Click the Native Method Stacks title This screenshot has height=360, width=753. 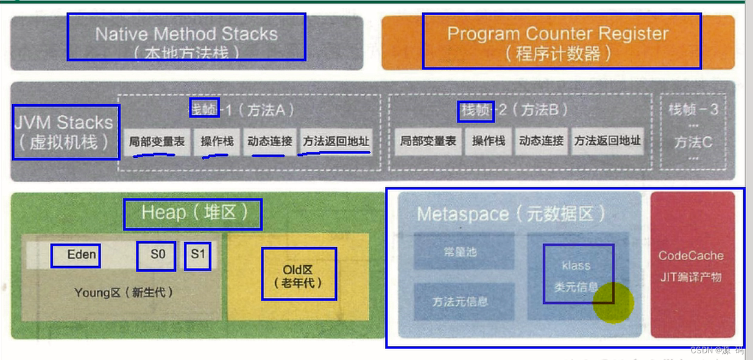(x=186, y=37)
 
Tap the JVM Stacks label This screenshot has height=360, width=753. (x=65, y=132)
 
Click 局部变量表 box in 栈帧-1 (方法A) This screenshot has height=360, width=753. (x=157, y=141)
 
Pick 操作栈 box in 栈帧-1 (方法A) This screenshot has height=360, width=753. (x=217, y=141)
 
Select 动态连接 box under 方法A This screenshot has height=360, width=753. (x=269, y=141)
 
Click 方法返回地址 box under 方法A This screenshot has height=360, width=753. (x=336, y=141)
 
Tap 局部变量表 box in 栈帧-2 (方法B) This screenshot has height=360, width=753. (x=428, y=141)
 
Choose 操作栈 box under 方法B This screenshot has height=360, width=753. (x=488, y=141)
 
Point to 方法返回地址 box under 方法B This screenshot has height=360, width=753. (x=607, y=141)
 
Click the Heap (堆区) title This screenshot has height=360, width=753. (x=193, y=214)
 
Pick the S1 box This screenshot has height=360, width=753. (x=197, y=255)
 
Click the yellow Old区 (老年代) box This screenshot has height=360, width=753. (x=299, y=276)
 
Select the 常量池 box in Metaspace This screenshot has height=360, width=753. (x=464, y=251)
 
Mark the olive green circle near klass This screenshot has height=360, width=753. (x=613, y=302)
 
